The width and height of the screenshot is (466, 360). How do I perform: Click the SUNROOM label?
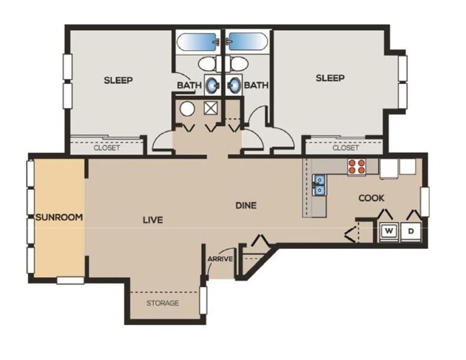pos(59,216)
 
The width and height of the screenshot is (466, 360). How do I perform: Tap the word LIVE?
pos(152,220)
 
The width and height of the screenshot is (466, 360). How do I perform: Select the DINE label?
pos(246,205)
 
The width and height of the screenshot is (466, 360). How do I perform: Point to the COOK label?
pos(371,198)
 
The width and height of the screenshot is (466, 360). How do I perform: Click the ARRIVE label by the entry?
pos(220,259)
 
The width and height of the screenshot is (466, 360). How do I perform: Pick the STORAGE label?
pos(162,303)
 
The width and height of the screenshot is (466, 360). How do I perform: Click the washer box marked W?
pos(388,231)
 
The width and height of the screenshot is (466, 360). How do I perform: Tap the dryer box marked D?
pos(411,231)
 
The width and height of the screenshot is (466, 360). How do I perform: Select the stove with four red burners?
pos(355,166)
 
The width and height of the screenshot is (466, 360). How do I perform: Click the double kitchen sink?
pos(319,185)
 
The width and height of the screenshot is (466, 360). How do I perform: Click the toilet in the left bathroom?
pos(207,62)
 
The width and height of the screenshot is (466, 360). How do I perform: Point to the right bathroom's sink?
pos(235,84)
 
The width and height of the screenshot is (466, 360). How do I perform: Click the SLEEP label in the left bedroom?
pos(118,80)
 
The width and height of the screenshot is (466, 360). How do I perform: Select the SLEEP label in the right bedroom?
pos(329,78)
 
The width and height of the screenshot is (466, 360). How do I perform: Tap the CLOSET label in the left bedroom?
pos(106,148)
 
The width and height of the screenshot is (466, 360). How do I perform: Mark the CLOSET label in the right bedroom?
pos(345,148)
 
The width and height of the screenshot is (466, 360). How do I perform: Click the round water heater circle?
pos(188,109)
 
